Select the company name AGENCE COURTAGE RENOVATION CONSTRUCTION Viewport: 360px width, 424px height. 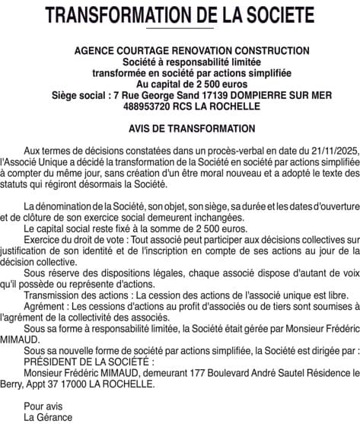180,51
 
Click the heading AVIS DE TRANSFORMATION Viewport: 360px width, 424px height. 180,129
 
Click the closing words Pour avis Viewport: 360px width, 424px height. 43,406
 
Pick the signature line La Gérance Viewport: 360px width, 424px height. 48,417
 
